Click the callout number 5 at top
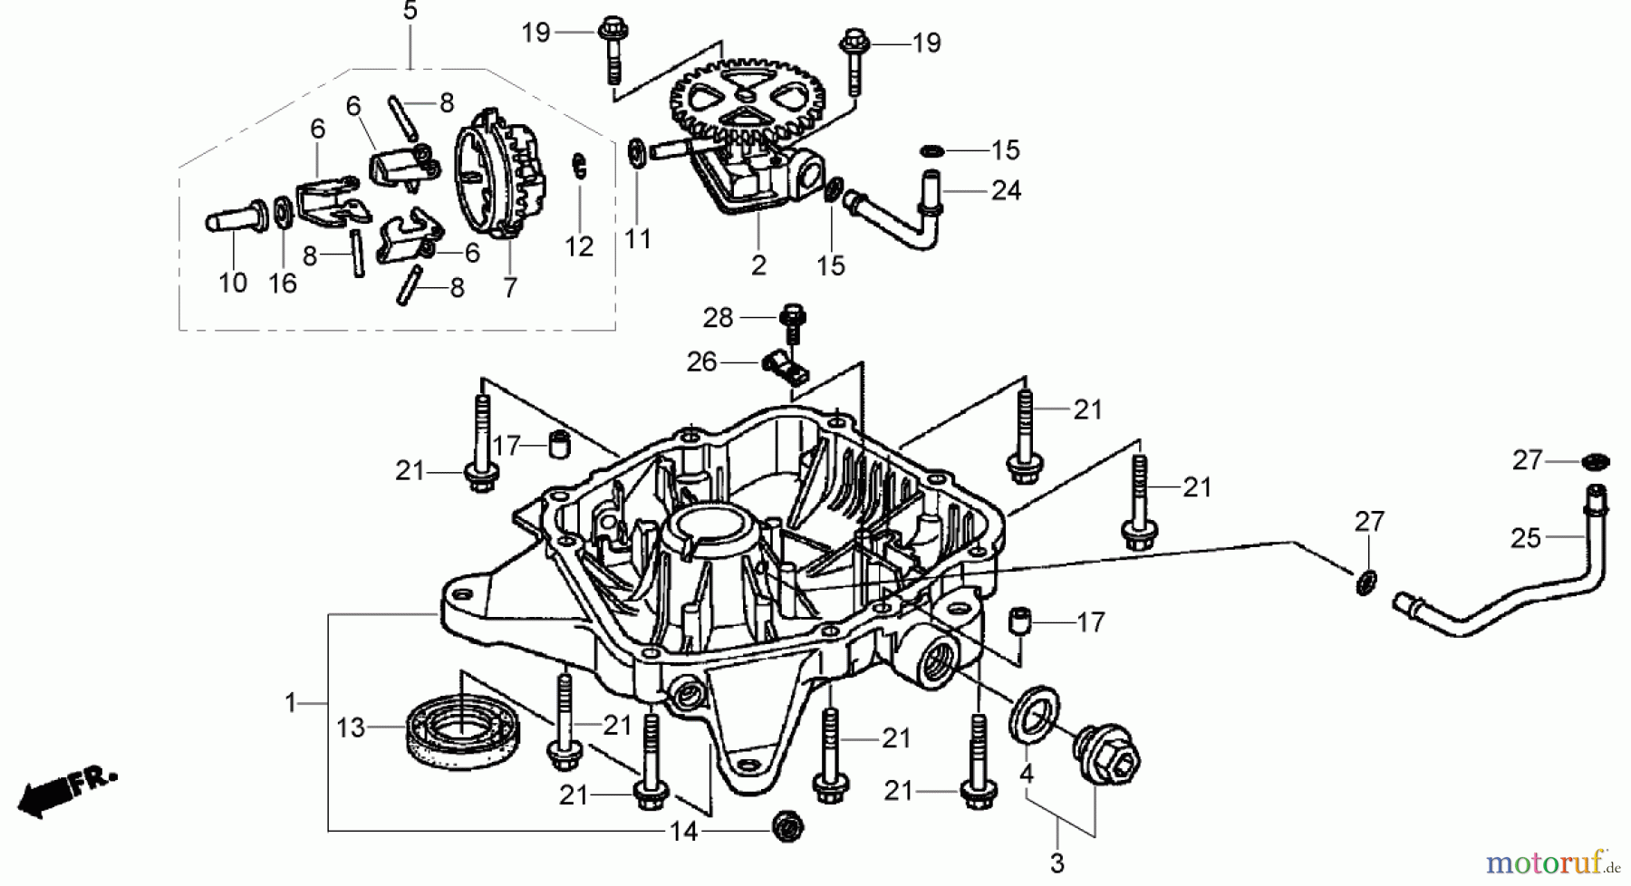(410, 12)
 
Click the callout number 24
(1006, 190)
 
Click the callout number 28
(718, 318)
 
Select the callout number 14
(683, 831)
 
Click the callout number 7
(510, 287)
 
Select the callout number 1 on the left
(290, 702)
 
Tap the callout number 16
(283, 283)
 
